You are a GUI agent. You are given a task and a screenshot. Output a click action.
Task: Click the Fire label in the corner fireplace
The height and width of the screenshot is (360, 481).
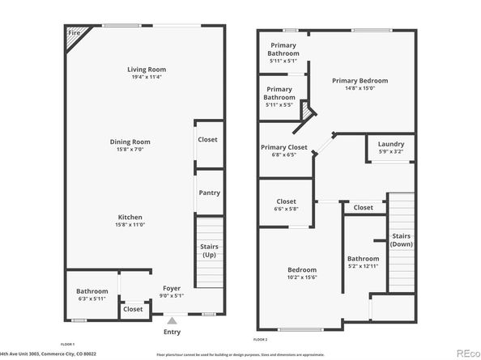74,33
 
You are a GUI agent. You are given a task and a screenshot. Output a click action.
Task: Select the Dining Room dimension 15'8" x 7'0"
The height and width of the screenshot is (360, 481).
130,150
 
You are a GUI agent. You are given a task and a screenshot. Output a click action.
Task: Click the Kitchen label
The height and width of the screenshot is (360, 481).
130,218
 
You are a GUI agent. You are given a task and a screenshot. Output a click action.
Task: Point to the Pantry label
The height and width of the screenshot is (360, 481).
209,193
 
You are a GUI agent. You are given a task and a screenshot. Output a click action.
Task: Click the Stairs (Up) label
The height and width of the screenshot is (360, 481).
209,251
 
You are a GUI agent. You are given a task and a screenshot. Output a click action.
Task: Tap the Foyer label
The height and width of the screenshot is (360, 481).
172,286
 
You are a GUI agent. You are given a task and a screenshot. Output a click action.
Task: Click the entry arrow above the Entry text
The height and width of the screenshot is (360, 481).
171,322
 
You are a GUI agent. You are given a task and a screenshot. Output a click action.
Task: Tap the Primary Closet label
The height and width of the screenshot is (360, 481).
283,147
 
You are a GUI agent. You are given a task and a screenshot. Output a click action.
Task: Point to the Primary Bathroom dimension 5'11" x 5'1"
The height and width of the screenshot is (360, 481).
283,61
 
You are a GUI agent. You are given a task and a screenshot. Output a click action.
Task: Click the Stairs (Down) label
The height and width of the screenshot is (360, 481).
401,240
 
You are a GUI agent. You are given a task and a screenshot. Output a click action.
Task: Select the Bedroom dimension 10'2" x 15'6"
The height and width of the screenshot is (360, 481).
301,277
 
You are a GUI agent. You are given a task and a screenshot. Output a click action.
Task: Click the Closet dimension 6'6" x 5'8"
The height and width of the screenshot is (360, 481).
286,210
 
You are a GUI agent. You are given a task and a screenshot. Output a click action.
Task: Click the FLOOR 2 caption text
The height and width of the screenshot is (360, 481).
260,340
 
